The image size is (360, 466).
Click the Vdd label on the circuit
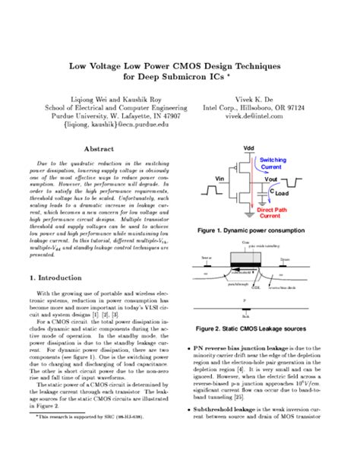click(x=249, y=147)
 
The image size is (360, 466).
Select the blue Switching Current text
click(x=273, y=163)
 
